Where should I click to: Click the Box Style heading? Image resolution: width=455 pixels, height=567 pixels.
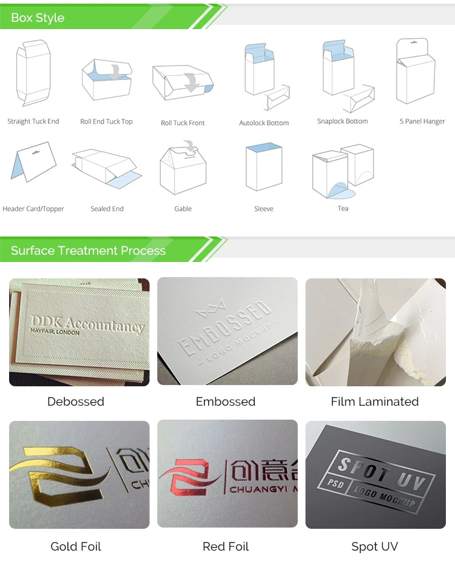pyautogui.click(x=38, y=18)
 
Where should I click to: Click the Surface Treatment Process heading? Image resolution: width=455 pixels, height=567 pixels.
pyautogui.click(x=88, y=250)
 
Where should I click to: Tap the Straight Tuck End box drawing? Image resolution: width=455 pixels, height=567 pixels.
pyautogui.click(x=33, y=73)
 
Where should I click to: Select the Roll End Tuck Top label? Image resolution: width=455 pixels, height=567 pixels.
pyautogui.click(x=106, y=121)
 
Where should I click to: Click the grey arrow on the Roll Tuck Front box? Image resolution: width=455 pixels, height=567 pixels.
pyautogui.click(x=192, y=82)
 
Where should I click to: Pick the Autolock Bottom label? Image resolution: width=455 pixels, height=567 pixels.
pyautogui.click(x=264, y=123)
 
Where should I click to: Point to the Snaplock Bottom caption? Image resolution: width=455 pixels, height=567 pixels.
pyautogui.click(x=343, y=121)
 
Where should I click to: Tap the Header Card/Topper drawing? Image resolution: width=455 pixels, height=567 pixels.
pyautogui.click(x=33, y=162)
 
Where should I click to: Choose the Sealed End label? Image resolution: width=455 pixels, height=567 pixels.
pyautogui.click(x=107, y=209)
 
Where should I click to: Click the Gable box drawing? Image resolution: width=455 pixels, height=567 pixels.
pyautogui.click(x=183, y=167)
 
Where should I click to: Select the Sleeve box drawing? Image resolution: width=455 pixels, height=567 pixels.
pyautogui.click(x=264, y=167)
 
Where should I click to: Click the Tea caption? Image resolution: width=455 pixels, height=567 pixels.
pyautogui.click(x=343, y=208)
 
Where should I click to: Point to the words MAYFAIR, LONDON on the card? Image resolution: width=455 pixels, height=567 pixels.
pyautogui.click(x=55, y=331)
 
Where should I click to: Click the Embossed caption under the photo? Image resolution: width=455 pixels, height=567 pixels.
pyautogui.click(x=226, y=401)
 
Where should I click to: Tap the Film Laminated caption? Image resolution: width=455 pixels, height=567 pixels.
pyautogui.click(x=375, y=401)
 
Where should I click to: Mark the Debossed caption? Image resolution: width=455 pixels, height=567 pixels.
pyautogui.click(x=76, y=401)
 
